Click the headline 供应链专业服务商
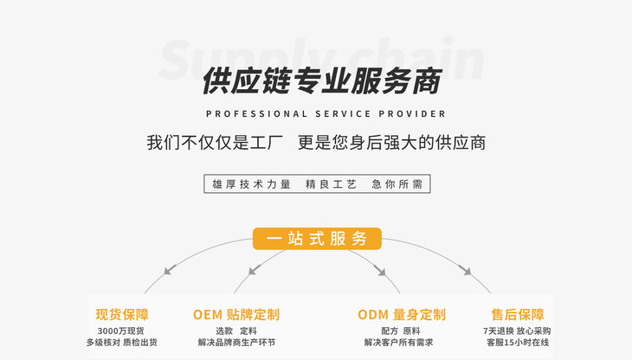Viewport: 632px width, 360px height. pyautogui.click(x=321, y=80)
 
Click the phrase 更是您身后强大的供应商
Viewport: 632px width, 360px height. pyautogui.click(x=391, y=143)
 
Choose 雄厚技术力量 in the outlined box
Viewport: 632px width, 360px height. pyautogui.click(x=251, y=184)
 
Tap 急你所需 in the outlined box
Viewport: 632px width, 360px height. pyautogui.click(x=397, y=184)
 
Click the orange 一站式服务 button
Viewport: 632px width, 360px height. pyautogui.click(x=317, y=239)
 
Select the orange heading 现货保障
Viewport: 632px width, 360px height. pyautogui.click(x=121, y=314)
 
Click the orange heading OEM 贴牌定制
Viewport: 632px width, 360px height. pyautogui.click(x=235, y=314)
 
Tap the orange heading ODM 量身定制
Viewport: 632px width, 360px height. pyautogui.click(x=401, y=314)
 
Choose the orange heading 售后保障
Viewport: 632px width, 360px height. pyautogui.click(x=517, y=314)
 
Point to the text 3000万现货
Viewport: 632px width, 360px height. pyautogui.click(x=120, y=331)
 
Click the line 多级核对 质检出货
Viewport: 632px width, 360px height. pyautogui.click(x=121, y=343)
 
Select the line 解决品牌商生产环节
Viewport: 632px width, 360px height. pyautogui.click(x=236, y=343)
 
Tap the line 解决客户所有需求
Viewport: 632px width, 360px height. pyautogui.click(x=400, y=343)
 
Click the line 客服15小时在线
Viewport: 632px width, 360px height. pyautogui.click(x=517, y=343)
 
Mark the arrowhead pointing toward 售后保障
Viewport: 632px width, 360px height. pyautogui.click(x=466, y=271)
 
